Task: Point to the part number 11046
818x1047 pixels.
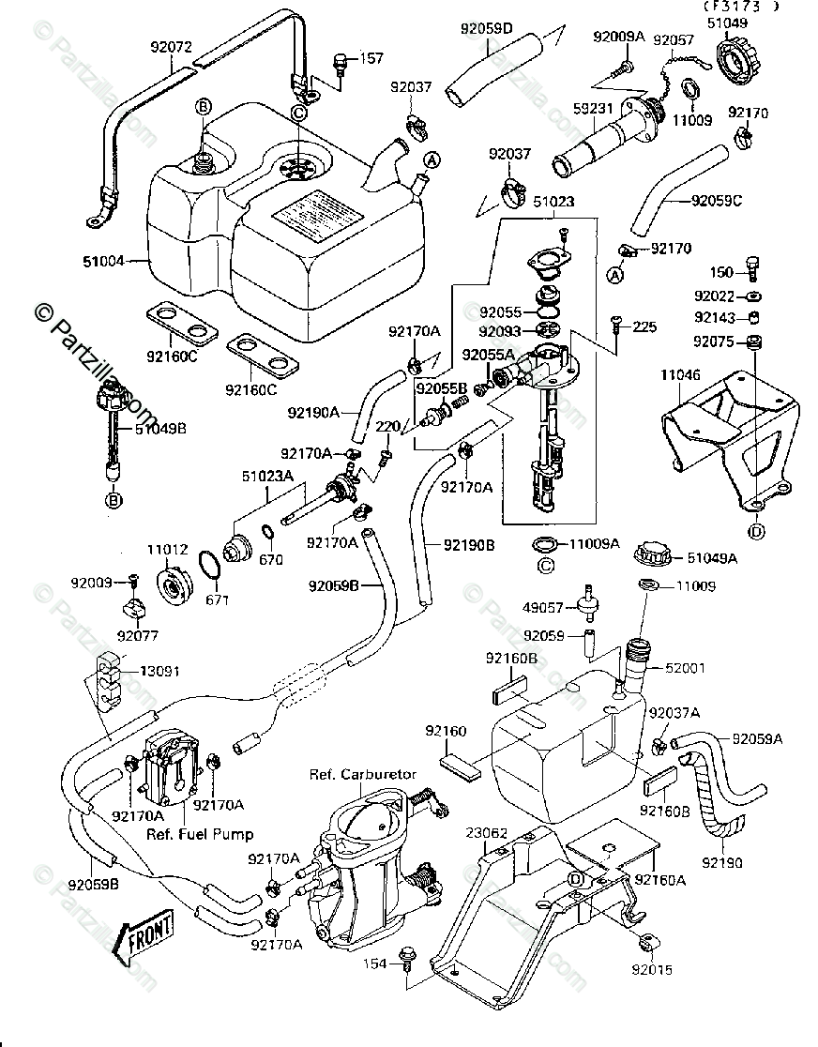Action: (680, 373)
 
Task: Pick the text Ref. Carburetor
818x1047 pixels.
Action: (354, 775)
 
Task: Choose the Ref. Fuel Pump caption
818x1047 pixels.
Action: (200, 833)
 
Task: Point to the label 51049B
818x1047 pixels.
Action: (160, 429)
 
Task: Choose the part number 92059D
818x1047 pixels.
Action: (487, 29)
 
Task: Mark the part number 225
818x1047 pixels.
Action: (644, 327)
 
